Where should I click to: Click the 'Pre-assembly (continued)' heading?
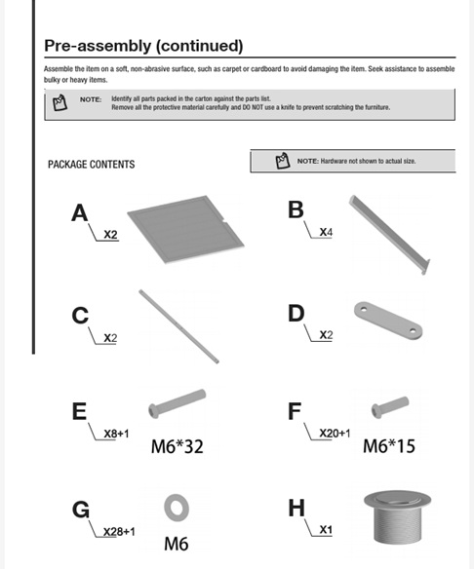(x=143, y=46)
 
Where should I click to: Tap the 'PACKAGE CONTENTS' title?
(x=91, y=165)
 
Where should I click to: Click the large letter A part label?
(x=80, y=212)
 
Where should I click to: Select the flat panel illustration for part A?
(x=185, y=229)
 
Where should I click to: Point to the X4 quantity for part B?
(x=326, y=232)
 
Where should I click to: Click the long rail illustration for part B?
(x=390, y=235)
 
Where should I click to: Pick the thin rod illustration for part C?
(x=178, y=326)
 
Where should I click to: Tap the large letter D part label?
(x=296, y=313)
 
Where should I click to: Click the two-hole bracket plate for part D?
(x=388, y=321)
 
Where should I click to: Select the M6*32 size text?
(x=177, y=446)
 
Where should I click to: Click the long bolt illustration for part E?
(x=178, y=403)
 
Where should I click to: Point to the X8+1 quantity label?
(x=116, y=434)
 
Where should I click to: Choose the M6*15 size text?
(x=389, y=446)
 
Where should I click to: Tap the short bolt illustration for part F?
(x=390, y=407)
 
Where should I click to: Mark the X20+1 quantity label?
(x=335, y=433)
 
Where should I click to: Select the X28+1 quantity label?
(x=119, y=532)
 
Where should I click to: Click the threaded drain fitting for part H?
(x=398, y=517)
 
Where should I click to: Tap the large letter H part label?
(x=296, y=508)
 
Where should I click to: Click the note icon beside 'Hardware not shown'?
(x=283, y=161)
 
